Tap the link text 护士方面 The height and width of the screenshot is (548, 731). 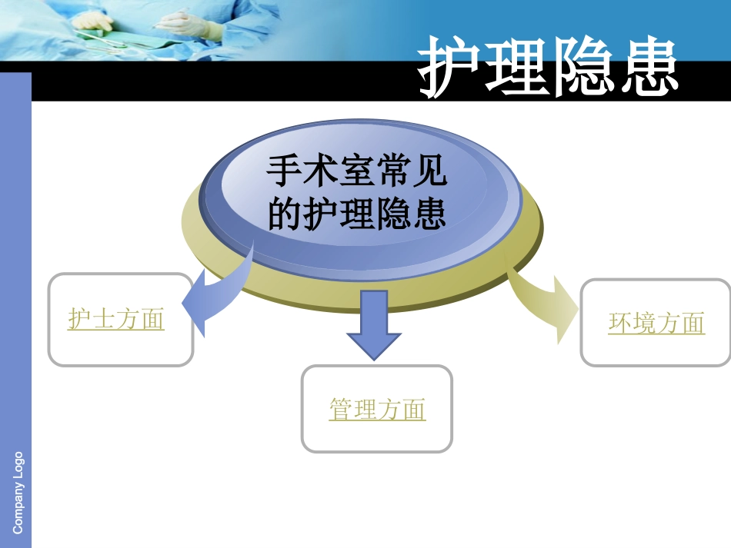coord(116,319)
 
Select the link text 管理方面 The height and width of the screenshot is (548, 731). coord(377,409)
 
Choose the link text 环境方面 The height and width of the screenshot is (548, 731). coord(656,323)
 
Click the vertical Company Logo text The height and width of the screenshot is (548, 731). coord(18,493)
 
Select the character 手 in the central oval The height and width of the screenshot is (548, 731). coord(281,171)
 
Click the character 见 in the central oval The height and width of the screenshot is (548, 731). coord(431,171)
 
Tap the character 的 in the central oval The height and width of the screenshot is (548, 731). coord(282,214)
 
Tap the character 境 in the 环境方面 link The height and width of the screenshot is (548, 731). coord(644,323)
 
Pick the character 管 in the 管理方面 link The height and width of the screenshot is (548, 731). coord(341,409)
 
